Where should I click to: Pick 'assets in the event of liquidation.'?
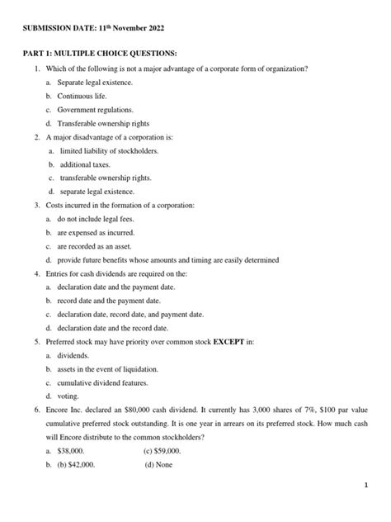click(x=107, y=368)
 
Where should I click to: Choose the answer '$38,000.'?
click(x=73, y=450)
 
